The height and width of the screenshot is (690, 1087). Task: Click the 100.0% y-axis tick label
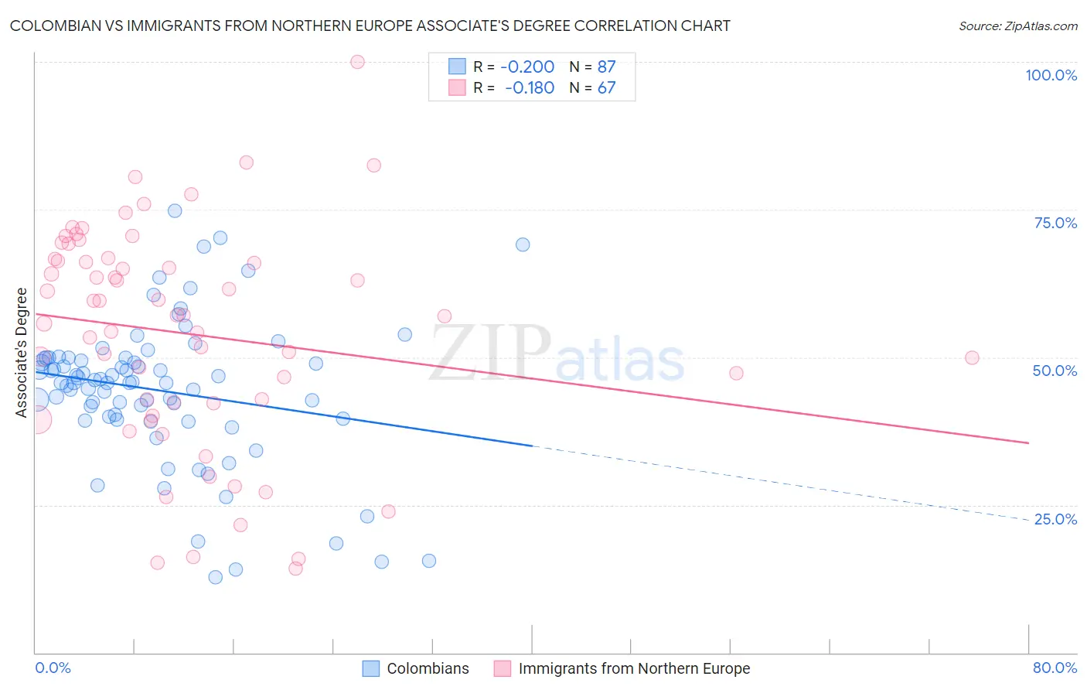coord(1051,75)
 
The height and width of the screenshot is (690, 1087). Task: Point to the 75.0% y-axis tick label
coord(1055,223)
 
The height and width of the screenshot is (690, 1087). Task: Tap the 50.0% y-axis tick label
coord(1055,371)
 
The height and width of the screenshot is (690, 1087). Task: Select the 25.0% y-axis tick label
coord(1055,519)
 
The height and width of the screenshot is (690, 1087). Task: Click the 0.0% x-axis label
coord(53,668)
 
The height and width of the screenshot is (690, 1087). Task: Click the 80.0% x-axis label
coord(1055,668)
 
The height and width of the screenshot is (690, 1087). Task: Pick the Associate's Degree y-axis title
coord(22,352)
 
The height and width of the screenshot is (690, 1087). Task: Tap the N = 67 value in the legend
coord(593,87)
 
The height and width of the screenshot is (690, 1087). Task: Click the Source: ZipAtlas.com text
coord(1017,26)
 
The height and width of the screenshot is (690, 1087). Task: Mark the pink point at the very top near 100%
coord(357,62)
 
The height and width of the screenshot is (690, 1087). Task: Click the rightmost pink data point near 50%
coord(972,358)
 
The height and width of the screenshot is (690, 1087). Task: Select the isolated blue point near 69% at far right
coord(523,244)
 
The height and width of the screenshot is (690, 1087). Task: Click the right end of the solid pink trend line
coord(1028,442)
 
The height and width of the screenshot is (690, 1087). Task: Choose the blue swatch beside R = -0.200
coord(457,67)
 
